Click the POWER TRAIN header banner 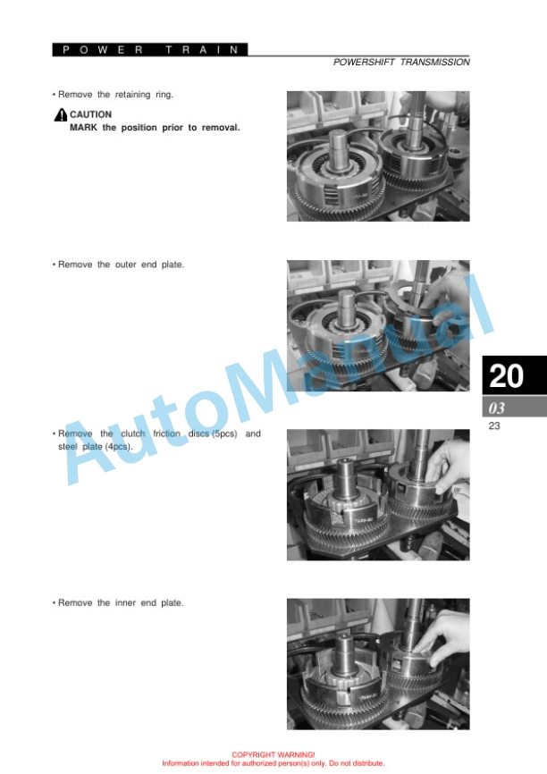click(150, 49)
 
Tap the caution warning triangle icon click(60, 114)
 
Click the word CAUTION click(91, 114)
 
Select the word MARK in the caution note click(83, 127)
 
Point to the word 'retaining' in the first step click(132, 95)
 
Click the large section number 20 click(506, 375)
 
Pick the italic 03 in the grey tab click(497, 408)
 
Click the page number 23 click(494, 425)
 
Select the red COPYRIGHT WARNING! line click(273, 754)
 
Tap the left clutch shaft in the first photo click(341, 148)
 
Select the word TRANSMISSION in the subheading click(434, 63)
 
